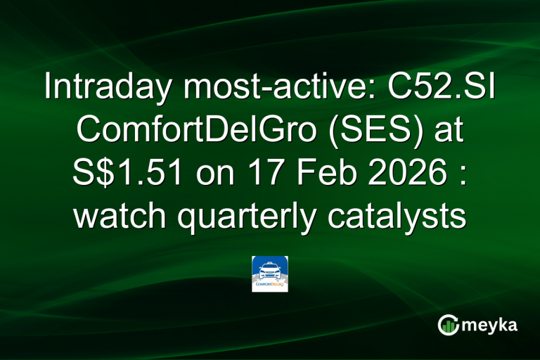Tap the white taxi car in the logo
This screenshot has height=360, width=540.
[270, 270]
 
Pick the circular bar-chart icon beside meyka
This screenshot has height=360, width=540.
[448, 325]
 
